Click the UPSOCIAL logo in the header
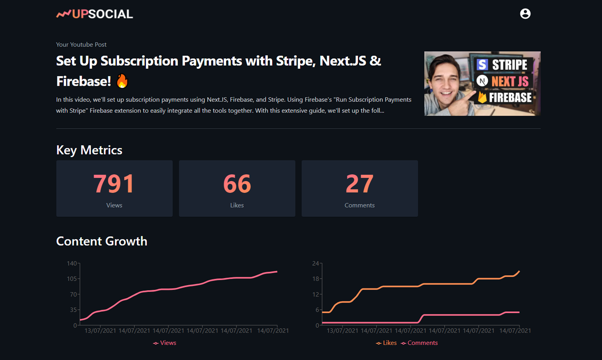tap(95, 14)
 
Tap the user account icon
tap(525, 14)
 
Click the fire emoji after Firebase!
tap(122, 81)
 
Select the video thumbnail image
tap(482, 83)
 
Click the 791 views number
tap(114, 184)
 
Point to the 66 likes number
tap(237, 184)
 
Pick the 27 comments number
tap(360, 184)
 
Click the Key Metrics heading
tap(89, 150)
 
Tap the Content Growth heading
tap(101, 241)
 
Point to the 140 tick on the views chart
tap(72, 263)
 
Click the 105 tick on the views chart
tap(72, 279)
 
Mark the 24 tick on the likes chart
tap(316, 263)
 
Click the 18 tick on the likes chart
tap(316, 279)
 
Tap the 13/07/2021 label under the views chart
tap(100, 331)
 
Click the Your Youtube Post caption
tap(81, 45)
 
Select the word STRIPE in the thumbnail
tap(510, 64)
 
